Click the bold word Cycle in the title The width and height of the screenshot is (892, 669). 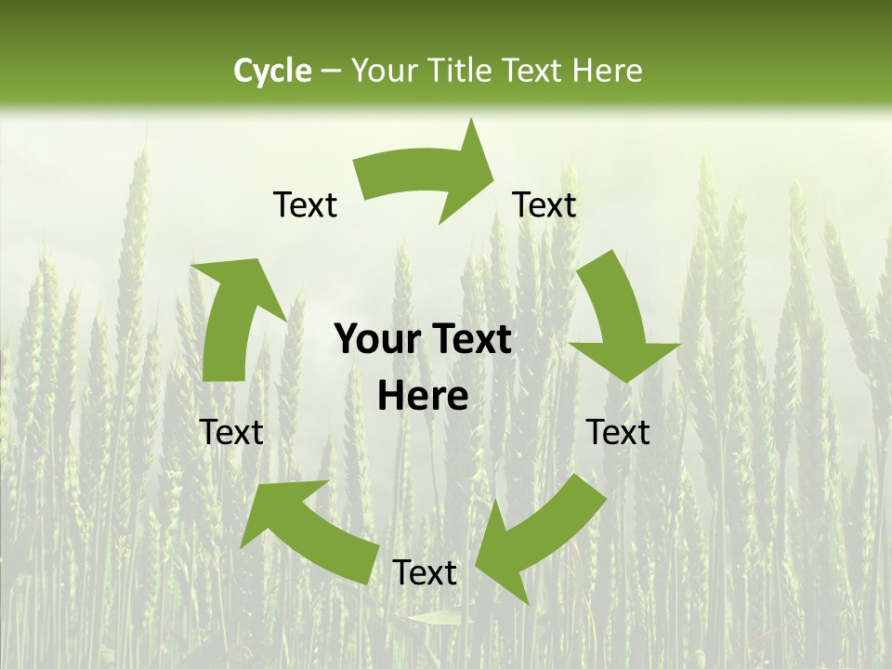click(272, 71)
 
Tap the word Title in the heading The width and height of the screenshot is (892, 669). click(462, 71)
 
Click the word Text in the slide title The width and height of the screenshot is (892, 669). click(533, 71)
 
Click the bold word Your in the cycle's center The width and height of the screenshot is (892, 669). click(377, 340)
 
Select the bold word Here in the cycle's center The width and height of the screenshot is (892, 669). click(423, 397)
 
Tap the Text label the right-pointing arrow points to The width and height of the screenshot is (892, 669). click(544, 204)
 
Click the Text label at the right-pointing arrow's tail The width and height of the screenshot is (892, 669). click(305, 204)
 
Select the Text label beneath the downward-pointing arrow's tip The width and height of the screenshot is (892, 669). click(619, 432)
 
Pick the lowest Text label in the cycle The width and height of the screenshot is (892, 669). click(425, 572)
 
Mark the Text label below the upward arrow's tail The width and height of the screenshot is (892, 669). click(231, 432)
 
